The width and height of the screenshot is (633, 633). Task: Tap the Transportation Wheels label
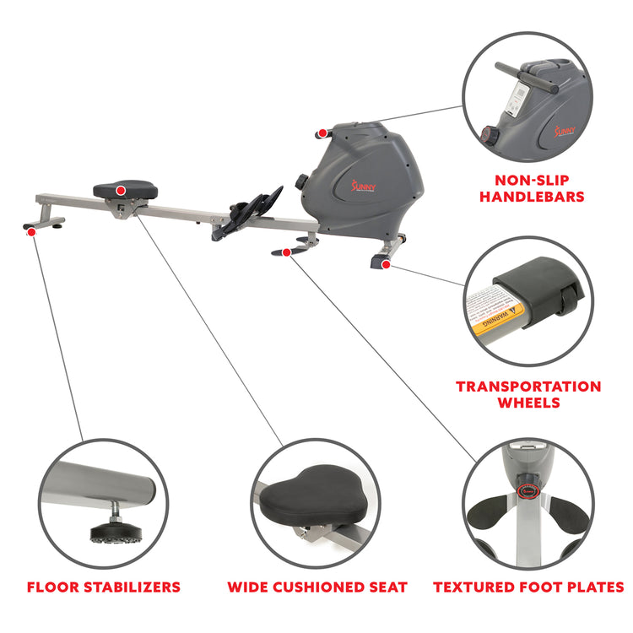(x=528, y=394)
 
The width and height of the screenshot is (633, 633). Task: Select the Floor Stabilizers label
(x=103, y=587)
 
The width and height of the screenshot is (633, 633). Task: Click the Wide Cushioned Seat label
(x=316, y=587)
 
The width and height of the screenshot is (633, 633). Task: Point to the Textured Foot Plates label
(x=528, y=587)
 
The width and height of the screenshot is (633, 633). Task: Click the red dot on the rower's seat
(x=121, y=191)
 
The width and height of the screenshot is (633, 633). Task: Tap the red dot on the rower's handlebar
(x=322, y=133)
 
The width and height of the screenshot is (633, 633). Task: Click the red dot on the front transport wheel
(x=386, y=264)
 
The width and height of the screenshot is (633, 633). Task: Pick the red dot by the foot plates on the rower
(x=287, y=252)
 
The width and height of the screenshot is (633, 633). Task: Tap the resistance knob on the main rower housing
(x=300, y=181)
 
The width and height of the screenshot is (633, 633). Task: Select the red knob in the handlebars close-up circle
(x=487, y=133)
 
